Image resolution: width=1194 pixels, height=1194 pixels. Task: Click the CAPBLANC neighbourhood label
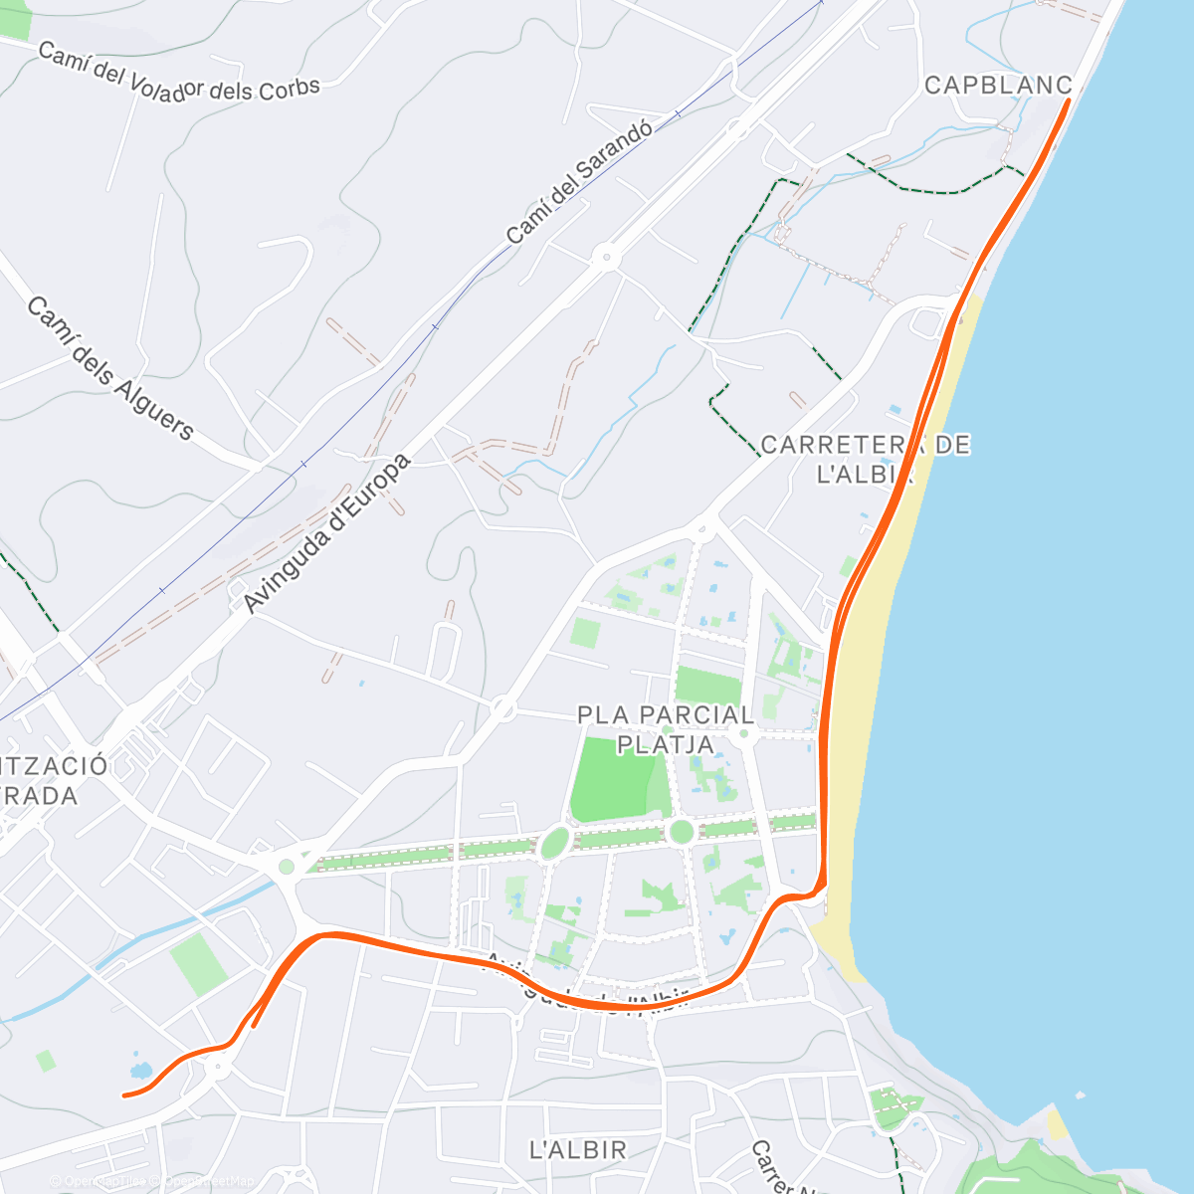(998, 86)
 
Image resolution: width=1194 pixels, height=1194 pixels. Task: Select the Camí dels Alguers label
(109, 368)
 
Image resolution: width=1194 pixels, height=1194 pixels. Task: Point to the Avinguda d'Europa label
(326, 534)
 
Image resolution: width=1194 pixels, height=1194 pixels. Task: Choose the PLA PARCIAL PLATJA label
(666, 729)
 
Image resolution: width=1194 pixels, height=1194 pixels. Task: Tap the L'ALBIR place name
(578, 1150)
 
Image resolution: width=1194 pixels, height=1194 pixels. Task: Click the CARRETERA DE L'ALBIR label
(865, 459)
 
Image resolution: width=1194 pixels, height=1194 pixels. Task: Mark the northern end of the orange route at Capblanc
(1068, 101)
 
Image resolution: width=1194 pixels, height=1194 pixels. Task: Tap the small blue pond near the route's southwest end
(140, 1072)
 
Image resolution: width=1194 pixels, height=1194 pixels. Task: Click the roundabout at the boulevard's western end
(287, 867)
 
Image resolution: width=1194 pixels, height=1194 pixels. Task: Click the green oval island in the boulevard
(553, 845)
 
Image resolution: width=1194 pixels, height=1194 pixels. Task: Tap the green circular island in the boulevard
(681, 832)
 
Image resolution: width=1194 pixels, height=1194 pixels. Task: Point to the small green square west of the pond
(46, 1061)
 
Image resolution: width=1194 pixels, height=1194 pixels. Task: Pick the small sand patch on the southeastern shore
(1058, 1124)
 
